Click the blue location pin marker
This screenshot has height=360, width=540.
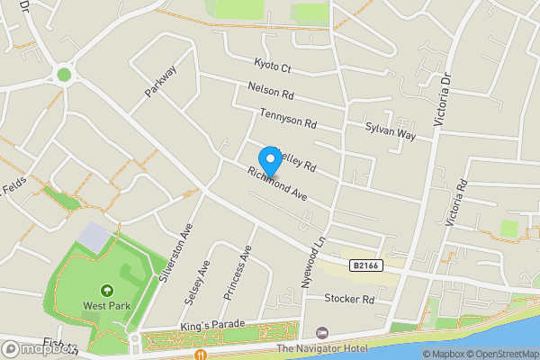pos(268,159)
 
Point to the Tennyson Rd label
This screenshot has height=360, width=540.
pos(289,118)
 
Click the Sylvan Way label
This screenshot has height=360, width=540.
pos(391,130)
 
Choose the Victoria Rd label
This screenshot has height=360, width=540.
pos(462,196)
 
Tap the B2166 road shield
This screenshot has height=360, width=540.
pos(365,265)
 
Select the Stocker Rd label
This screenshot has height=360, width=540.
pos(348,299)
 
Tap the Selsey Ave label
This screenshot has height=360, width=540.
pos(204,281)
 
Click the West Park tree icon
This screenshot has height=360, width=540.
pos(107,290)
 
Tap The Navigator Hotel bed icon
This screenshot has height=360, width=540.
pos(323,334)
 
